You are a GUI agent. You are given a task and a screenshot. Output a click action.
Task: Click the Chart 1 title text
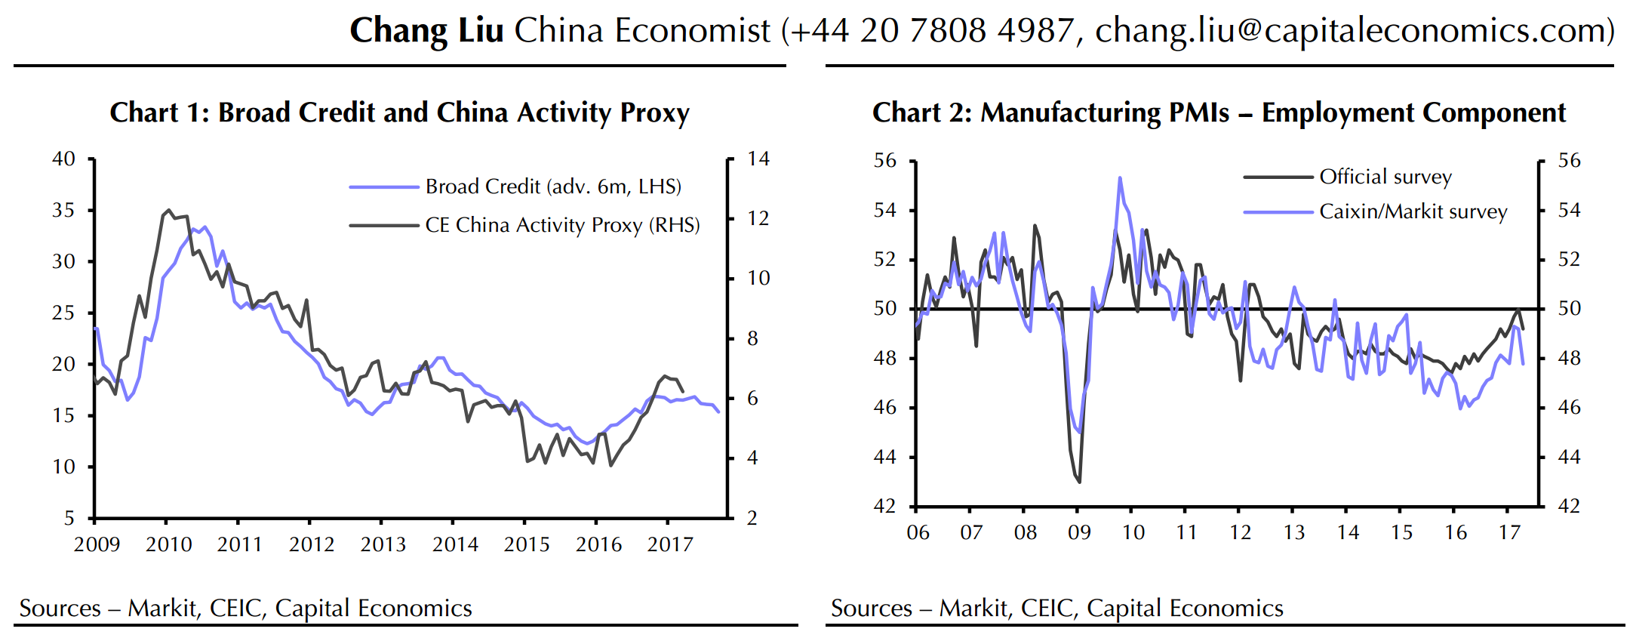pyautogui.click(x=399, y=112)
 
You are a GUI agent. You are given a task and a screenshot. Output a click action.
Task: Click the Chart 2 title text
pyautogui.click(x=1219, y=112)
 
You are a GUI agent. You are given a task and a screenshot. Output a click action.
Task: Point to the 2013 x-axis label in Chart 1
pyautogui.click(x=383, y=544)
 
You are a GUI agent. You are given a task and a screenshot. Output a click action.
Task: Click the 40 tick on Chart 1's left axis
pyautogui.click(x=63, y=159)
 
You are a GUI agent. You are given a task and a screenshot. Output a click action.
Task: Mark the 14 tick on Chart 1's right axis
pyautogui.click(x=758, y=159)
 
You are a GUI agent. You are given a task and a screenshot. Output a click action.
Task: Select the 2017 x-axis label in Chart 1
pyautogui.click(x=669, y=544)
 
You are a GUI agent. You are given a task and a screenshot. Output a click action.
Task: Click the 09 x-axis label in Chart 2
pyautogui.click(x=1079, y=533)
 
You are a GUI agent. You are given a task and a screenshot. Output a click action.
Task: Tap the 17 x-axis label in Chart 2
pyautogui.click(x=1509, y=533)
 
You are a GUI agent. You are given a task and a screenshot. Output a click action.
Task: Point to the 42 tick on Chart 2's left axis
pyautogui.click(x=884, y=506)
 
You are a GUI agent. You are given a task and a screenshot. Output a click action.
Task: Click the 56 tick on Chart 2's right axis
pyautogui.click(x=1569, y=161)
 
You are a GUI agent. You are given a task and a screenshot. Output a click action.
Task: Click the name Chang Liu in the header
pyautogui.click(x=426, y=31)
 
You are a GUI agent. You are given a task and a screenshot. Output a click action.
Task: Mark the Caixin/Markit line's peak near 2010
pyautogui.click(x=1120, y=178)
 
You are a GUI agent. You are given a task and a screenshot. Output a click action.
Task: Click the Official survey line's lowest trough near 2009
pyautogui.click(x=1080, y=482)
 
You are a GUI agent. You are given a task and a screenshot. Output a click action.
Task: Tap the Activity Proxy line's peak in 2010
pyautogui.click(x=169, y=211)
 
